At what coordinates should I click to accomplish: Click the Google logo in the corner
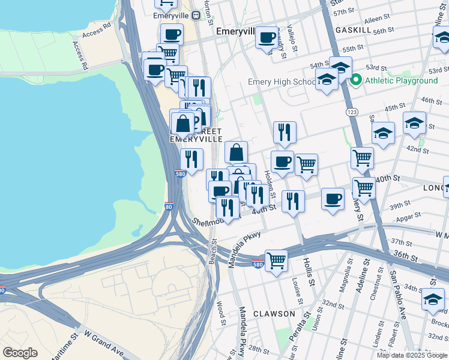click(21, 353)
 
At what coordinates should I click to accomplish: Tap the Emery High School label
click(282, 82)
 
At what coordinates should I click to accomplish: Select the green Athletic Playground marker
click(355, 80)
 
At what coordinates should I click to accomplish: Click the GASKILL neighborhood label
click(354, 29)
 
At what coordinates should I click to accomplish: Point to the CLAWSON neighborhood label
click(274, 314)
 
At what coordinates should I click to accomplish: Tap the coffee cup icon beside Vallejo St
click(267, 38)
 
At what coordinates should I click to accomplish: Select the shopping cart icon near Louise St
click(276, 261)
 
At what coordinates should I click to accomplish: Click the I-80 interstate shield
click(169, 207)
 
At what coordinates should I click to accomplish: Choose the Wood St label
click(222, 314)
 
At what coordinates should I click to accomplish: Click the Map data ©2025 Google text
click(411, 355)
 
